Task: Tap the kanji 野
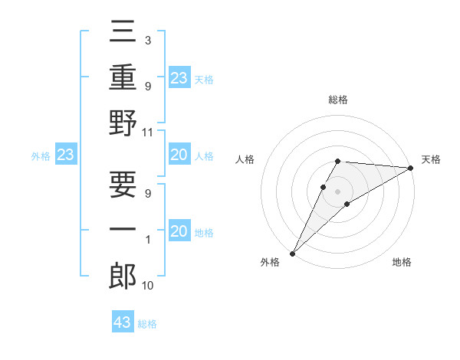coord(123,123)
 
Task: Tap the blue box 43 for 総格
coord(123,322)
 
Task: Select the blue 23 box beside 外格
coord(66,155)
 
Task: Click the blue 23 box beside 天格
coord(179,77)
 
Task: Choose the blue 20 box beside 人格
coord(179,155)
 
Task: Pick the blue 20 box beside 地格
coord(179,231)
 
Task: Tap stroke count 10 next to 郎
coord(149,286)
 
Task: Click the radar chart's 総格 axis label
coord(337,100)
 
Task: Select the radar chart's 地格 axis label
coord(402,263)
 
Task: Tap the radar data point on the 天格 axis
coord(411,168)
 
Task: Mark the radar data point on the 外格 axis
coord(292,254)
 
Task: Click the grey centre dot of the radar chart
coord(337,191)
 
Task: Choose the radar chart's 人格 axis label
coord(245,159)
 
